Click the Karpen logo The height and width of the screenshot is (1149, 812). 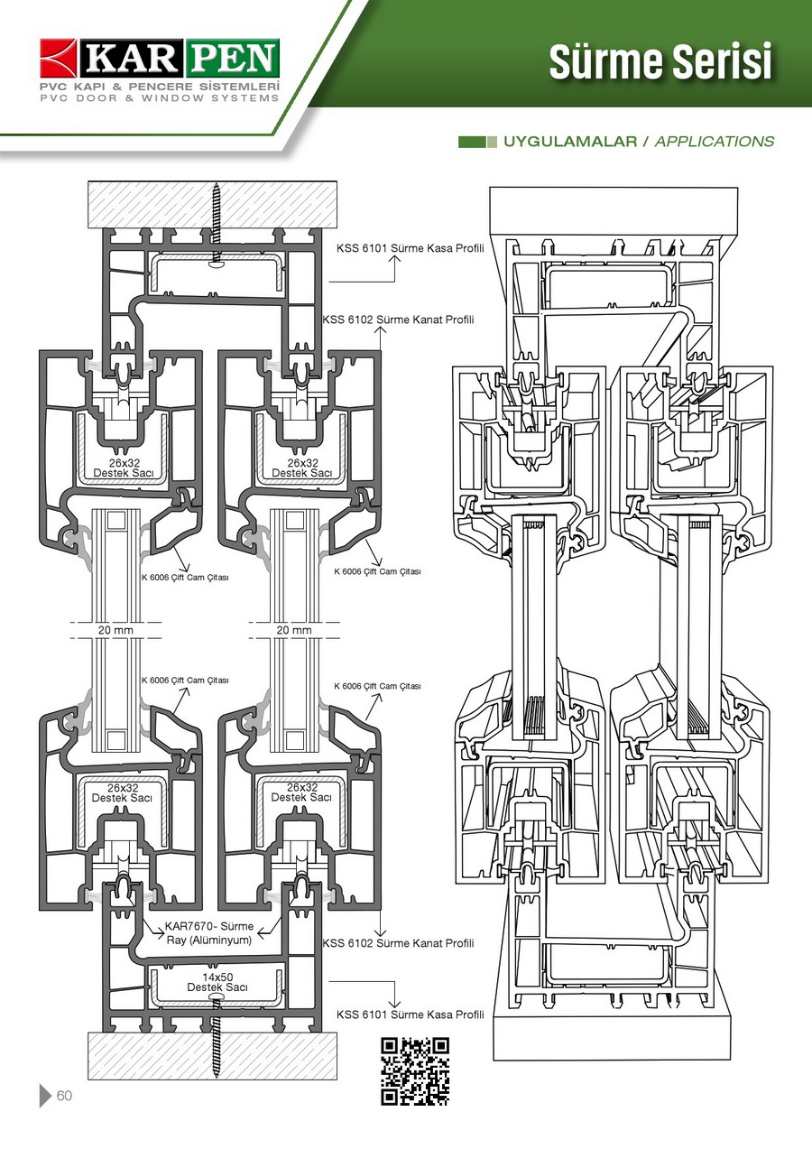coord(159,59)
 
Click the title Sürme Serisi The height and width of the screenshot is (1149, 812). coord(660,61)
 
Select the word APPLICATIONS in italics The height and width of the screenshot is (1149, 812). coord(714,142)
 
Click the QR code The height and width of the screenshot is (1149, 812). coord(415,1071)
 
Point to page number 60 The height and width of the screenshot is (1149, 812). coord(64,1096)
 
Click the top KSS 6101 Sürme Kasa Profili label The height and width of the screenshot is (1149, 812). coord(411,248)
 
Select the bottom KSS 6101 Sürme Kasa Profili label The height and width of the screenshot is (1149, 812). coord(411,1015)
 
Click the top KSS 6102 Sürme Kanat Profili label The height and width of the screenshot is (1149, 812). coord(398,320)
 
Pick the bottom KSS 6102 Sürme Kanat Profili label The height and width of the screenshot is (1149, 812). coord(398,943)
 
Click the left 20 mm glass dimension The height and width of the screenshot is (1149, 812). coord(115,630)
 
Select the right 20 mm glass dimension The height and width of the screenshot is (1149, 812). coord(294,630)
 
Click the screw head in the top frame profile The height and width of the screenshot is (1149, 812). coord(216,264)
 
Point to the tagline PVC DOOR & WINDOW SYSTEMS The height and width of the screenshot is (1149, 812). coord(159,97)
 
